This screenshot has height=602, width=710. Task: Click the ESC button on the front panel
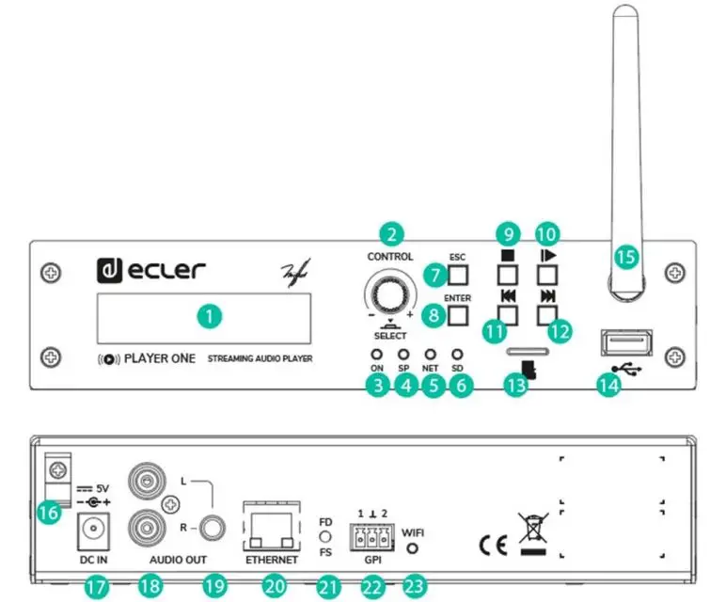pos(458,275)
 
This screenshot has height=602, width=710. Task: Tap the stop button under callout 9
pos(508,275)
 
